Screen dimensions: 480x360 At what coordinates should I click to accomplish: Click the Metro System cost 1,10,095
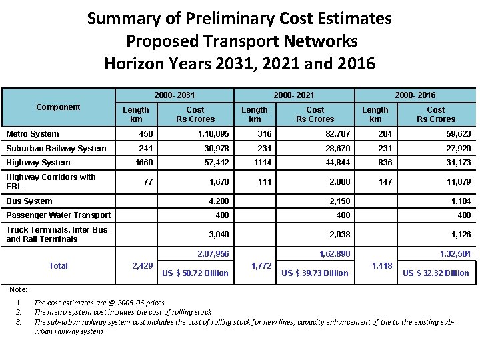pyautogui.click(x=213, y=134)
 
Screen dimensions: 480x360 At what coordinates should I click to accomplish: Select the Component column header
pyautogui.click(x=58, y=107)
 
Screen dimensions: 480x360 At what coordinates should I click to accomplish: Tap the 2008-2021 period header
pyautogui.click(x=294, y=95)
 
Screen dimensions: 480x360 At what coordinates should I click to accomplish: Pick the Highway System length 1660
pyautogui.click(x=144, y=163)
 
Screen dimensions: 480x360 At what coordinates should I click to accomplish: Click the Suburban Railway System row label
pyautogui.click(x=56, y=149)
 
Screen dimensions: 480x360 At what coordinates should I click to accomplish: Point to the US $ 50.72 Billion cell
pyautogui.click(x=195, y=273)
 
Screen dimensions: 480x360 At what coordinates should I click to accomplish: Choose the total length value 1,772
pyautogui.click(x=261, y=266)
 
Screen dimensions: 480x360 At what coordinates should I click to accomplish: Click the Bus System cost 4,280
pyautogui.click(x=219, y=201)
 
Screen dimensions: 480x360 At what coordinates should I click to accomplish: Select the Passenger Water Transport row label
pyautogui.click(x=59, y=215)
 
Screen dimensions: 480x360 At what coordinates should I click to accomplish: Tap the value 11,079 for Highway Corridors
pyautogui.click(x=459, y=182)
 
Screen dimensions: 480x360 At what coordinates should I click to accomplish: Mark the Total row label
pyautogui.click(x=59, y=266)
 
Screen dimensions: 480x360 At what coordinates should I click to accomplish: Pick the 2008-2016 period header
pyautogui.click(x=415, y=95)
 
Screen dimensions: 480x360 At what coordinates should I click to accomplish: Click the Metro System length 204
pyautogui.click(x=385, y=134)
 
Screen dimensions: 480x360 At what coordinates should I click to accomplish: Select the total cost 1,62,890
pyautogui.click(x=335, y=254)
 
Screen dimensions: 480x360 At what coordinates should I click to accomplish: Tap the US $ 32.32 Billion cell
pyautogui.click(x=436, y=273)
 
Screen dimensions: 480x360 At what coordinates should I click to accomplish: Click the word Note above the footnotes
pyautogui.click(x=19, y=289)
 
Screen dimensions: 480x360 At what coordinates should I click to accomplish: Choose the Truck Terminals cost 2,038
pyautogui.click(x=340, y=235)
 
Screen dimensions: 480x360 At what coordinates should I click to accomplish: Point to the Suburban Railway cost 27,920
pyautogui.click(x=459, y=149)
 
